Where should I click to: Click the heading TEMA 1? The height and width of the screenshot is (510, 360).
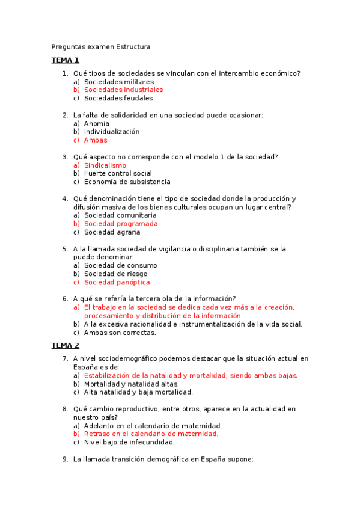(65, 60)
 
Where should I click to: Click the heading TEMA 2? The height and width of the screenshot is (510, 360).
(65, 345)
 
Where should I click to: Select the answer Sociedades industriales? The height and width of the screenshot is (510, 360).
(123, 90)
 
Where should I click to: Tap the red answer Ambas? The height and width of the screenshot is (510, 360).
(96, 140)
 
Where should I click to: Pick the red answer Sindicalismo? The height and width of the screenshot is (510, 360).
(105, 165)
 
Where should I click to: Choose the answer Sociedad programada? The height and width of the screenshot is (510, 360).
(121, 224)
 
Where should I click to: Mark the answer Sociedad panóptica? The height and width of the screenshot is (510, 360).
(117, 282)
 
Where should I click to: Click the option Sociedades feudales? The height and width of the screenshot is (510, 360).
(118, 98)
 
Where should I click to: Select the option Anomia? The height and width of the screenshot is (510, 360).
(97, 123)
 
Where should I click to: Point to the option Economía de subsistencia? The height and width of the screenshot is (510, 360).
(127, 182)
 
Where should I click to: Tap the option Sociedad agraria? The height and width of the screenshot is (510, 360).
(112, 232)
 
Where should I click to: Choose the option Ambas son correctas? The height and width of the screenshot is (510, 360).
(120, 333)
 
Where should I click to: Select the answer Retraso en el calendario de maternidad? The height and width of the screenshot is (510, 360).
(151, 434)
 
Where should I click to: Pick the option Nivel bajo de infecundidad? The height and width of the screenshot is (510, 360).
(129, 442)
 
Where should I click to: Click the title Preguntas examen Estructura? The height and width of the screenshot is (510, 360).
(101, 46)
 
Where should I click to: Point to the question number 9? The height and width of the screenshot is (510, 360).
(65, 459)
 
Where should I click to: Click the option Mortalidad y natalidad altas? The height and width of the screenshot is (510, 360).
(131, 384)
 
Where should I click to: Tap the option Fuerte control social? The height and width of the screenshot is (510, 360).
(118, 173)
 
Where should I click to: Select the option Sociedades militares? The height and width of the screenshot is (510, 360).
(119, 81)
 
